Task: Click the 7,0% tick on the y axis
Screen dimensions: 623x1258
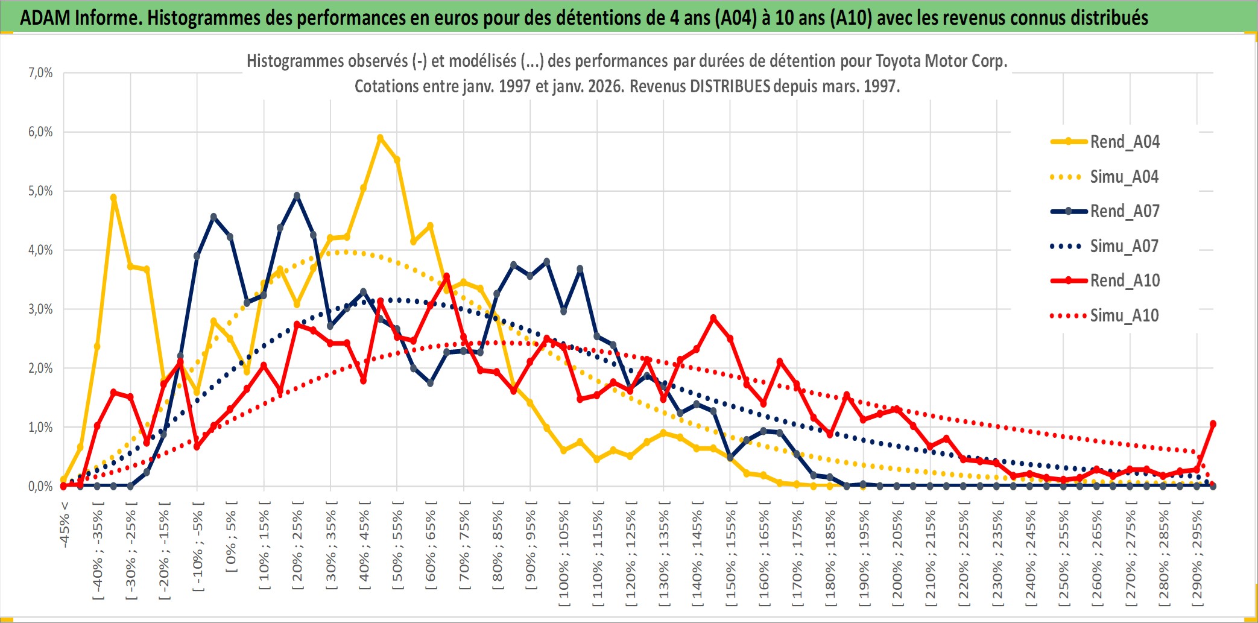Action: click(x=40, y=73)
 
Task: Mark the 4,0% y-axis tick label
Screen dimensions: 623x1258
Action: click(x=40, y=250)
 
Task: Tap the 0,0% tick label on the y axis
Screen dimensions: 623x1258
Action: click(x=40, y=486)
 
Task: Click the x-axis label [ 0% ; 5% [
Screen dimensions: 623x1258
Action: click(x=231, y=536)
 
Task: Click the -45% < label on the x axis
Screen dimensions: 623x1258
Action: click(x=65, y=525)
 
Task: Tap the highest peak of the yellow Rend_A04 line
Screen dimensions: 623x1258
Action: click(x=380, y=138)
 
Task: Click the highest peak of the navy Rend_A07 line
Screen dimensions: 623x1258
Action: click(x=297, y=196)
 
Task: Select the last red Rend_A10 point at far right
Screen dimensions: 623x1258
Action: click(x=1213, y=424)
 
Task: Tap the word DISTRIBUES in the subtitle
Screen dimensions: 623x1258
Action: click(x=730, y=86)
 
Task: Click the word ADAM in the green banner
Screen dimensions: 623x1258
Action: click(x=45, y=17)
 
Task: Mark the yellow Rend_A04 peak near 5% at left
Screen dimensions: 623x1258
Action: click(x=113, y=198)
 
